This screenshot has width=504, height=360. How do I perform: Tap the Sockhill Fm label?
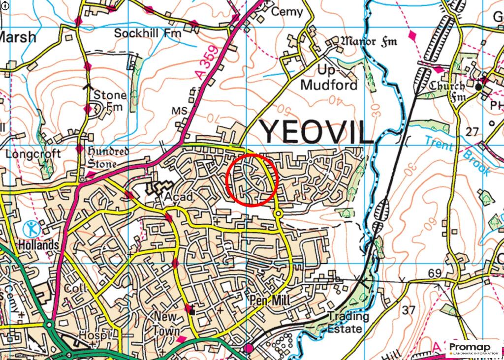(x=148, y=33)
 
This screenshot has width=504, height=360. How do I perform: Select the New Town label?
(x=166, y=323)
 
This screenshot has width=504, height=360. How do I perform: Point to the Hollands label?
(x=39, y=244)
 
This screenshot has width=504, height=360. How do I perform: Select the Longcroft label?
(x=33, y=154)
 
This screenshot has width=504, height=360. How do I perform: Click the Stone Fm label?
(x=109, y=100)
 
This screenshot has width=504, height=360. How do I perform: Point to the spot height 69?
(x=434, y=273)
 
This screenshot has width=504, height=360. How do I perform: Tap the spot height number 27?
(x=472, y=131)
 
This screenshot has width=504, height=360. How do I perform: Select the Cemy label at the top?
(x=287, y=12)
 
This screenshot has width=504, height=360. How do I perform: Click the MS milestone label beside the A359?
(x=179, y=111)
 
